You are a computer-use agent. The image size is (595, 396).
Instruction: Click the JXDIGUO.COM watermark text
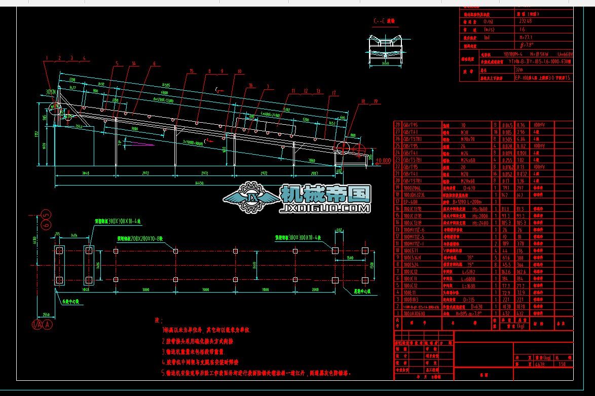pos(325,208)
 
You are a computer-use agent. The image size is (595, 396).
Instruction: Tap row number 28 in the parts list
pos(398,125)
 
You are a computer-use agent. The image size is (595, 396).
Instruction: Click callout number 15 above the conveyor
pos(191,71)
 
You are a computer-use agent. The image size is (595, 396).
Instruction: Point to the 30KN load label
pos(50,92)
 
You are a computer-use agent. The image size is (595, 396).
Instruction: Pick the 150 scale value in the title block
pos(561,364)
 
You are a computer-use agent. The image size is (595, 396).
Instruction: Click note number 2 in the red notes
pos(164,341)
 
